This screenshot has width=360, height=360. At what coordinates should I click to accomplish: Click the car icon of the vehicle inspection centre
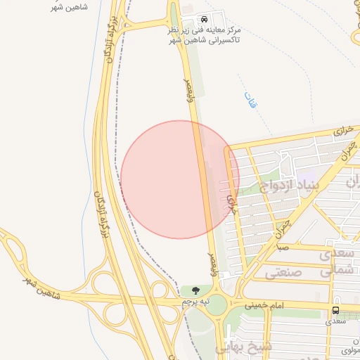(x=204, y=20)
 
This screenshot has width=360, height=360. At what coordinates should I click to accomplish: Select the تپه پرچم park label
(x=196, y=301)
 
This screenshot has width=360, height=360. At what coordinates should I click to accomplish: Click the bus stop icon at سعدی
(x=335, y=310)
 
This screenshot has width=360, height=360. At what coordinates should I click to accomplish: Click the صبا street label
(x=281, y=247)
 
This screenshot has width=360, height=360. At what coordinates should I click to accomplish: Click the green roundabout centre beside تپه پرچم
(x=217, y=304)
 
